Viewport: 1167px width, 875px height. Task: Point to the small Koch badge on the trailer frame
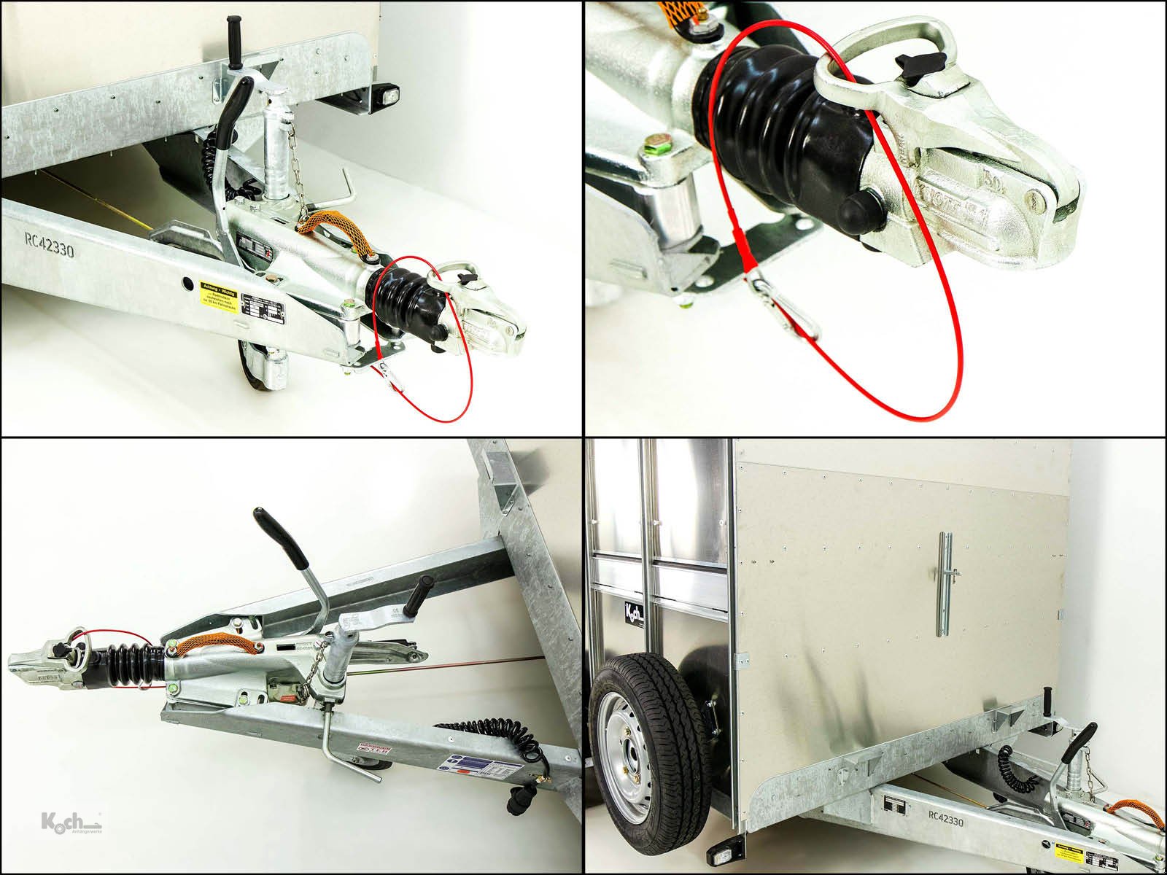[x=629, y=610]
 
